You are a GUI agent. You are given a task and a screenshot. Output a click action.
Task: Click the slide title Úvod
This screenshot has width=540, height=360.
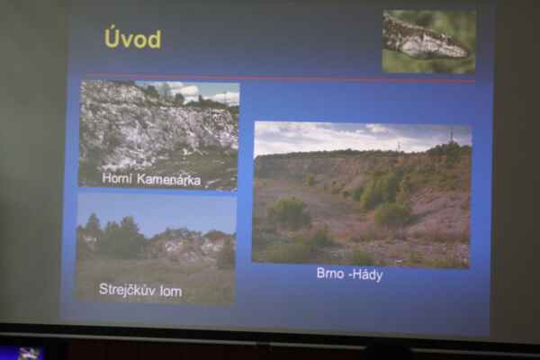pos(133,38)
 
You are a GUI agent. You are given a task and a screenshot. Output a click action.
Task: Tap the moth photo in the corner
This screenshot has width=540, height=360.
pos(428,41)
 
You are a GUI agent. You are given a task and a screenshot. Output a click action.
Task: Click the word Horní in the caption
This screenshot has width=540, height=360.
pos(117,178)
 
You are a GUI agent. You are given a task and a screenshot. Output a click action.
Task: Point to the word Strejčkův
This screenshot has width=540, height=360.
pos(126,290)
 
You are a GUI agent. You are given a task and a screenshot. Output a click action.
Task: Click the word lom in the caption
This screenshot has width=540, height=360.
pos(170,291)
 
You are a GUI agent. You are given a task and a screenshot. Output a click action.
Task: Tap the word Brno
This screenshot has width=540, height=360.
pos(330,274)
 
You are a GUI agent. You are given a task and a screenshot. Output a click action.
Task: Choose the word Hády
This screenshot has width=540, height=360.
pos(369,274)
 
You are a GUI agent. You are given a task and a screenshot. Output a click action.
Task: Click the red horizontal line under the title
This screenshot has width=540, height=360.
pos(281,78)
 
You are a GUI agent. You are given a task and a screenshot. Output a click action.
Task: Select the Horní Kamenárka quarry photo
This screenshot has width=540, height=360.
pos(159,135)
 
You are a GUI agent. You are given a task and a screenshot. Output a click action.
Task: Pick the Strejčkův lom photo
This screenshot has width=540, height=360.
pos(157,249)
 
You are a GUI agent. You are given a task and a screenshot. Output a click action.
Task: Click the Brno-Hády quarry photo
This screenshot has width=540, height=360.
pos(362,194)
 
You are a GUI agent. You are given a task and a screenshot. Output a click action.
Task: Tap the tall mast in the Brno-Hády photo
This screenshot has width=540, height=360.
pos(452,137)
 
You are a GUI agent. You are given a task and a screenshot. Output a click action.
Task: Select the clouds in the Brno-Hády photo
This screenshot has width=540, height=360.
pos(362,137)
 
